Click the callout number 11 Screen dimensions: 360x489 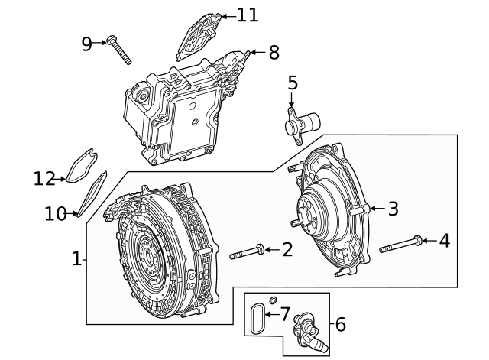coord(247,15)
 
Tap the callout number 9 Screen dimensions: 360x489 coord(86,44)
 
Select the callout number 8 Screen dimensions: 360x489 coord(274,53)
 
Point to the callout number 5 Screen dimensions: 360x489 coord(292,83)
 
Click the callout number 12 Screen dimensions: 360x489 coord(44,179)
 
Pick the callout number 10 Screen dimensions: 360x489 coord(55,213)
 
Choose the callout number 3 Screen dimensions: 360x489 coord(393,209)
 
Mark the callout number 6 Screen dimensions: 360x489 coord(340,324)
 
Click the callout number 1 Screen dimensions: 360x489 coord(76,260)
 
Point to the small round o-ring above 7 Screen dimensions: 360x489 coord(274,300)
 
